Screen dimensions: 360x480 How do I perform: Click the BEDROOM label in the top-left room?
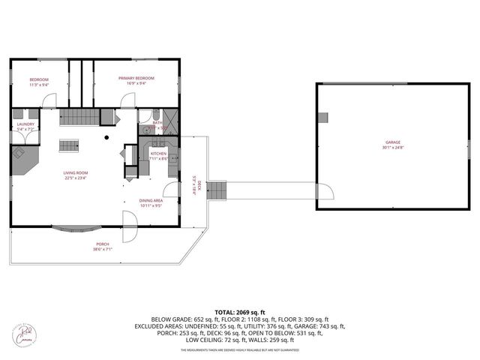click(39, 79)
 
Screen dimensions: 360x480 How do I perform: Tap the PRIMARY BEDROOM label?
click(136, 78)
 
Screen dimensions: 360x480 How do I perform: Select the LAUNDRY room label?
click(25, 124)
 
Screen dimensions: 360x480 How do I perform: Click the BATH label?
click(157, 122)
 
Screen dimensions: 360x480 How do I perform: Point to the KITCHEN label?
click(158, 153)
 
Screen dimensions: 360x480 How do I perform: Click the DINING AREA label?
click(151, 200)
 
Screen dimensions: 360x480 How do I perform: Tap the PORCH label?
click(102, 244)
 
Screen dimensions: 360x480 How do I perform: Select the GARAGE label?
click(393, 142)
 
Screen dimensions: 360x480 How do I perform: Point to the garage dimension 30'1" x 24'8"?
click(393, 148)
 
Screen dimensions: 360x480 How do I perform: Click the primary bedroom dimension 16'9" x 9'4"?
click(136, 84)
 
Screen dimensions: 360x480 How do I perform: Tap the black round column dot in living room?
click(106, 137)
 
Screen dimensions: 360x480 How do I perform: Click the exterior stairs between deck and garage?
click(216, 190)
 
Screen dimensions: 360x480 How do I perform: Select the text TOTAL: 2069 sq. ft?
click(239, 311)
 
